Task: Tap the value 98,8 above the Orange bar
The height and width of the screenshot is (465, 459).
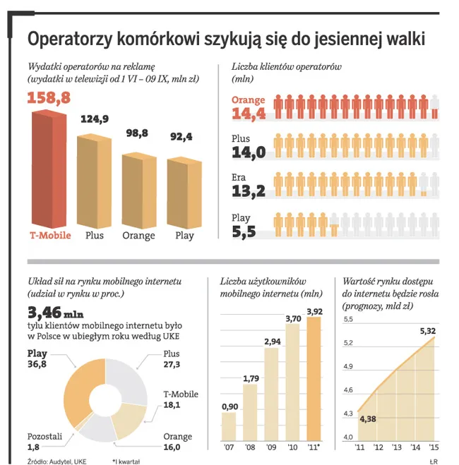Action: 137,133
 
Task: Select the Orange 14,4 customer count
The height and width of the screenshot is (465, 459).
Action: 249,113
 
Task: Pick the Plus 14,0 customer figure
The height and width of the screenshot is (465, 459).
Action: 249,152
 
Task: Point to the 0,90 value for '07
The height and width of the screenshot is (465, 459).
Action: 229,406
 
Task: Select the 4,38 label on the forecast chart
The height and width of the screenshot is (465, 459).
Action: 369,420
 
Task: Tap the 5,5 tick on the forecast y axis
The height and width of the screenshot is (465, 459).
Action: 347,320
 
